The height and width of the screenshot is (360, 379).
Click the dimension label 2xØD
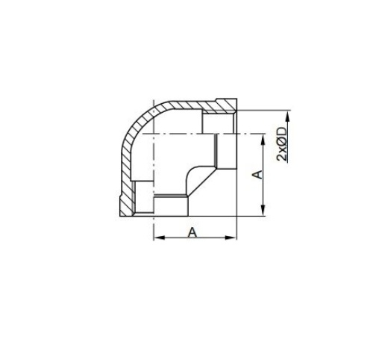coord(282,144)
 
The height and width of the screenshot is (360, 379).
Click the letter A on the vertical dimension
coord(257,174)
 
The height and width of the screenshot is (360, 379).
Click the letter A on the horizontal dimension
coord(192,232)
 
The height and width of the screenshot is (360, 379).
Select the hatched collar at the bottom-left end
coord(123,202)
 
